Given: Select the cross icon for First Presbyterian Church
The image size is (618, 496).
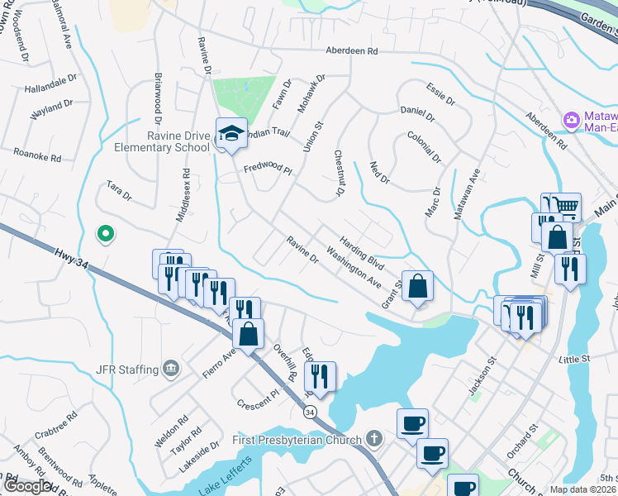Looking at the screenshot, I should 374,437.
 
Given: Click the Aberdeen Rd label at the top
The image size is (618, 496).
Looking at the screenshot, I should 351,50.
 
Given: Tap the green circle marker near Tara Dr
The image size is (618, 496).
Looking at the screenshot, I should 105,235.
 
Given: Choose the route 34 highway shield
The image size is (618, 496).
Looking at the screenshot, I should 309,411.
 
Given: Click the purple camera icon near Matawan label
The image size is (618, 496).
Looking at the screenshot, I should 571,122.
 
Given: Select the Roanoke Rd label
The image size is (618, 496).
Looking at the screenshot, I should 38,155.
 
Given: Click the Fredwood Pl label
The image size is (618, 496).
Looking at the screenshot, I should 269,169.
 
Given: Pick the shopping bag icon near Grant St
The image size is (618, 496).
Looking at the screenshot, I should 418,286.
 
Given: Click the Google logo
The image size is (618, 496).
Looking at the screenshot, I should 26,486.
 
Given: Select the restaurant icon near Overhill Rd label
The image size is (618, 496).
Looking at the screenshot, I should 320,377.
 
